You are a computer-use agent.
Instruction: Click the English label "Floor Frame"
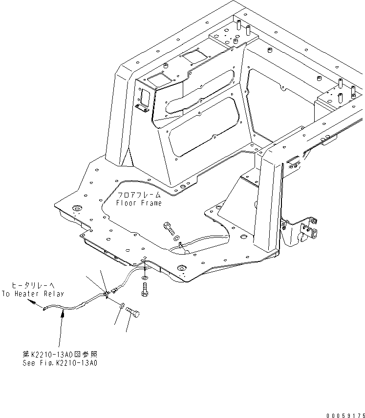(x=138, y=203)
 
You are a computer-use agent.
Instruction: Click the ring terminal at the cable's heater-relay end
(x=44, y=308)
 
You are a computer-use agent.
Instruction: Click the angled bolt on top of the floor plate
(x=168, y=226)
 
